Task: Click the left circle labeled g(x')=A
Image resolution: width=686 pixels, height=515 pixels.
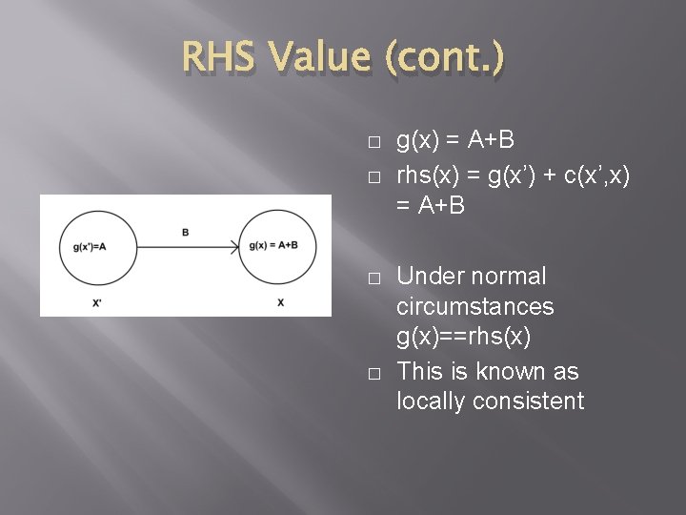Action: (89, 246)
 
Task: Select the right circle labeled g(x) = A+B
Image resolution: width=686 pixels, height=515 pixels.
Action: (272, 246)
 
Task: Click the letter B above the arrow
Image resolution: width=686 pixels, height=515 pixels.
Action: (185, 231)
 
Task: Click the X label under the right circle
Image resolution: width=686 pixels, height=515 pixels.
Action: (280, 301)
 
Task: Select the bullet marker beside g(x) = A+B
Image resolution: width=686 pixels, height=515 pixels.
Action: (373, 142)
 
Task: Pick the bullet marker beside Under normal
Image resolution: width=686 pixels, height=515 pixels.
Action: (373, 277)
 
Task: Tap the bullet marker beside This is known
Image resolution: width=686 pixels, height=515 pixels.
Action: (373, 371)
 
